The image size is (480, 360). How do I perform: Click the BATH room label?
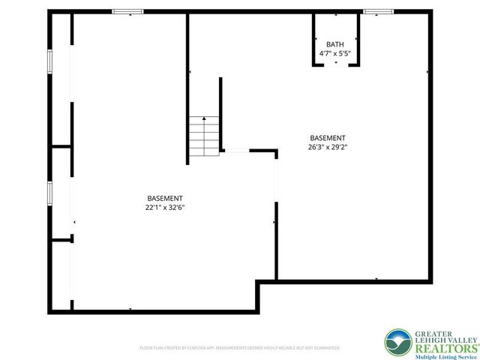point(334,45)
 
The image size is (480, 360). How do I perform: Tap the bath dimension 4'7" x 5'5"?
point(334,54)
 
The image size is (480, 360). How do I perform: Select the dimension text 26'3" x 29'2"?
point(328,147)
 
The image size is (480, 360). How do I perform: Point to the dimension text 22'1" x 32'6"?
point(165,207)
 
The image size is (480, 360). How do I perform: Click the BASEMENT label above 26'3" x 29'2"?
point(328,138)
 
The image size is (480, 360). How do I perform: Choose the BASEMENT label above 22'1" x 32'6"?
point(165,198)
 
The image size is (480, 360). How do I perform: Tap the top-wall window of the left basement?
point(127,11)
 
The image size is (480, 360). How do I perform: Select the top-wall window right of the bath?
point(378,11)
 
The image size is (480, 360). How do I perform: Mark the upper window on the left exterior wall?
point(49,62)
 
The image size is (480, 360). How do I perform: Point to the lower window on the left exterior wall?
point(49,193)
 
